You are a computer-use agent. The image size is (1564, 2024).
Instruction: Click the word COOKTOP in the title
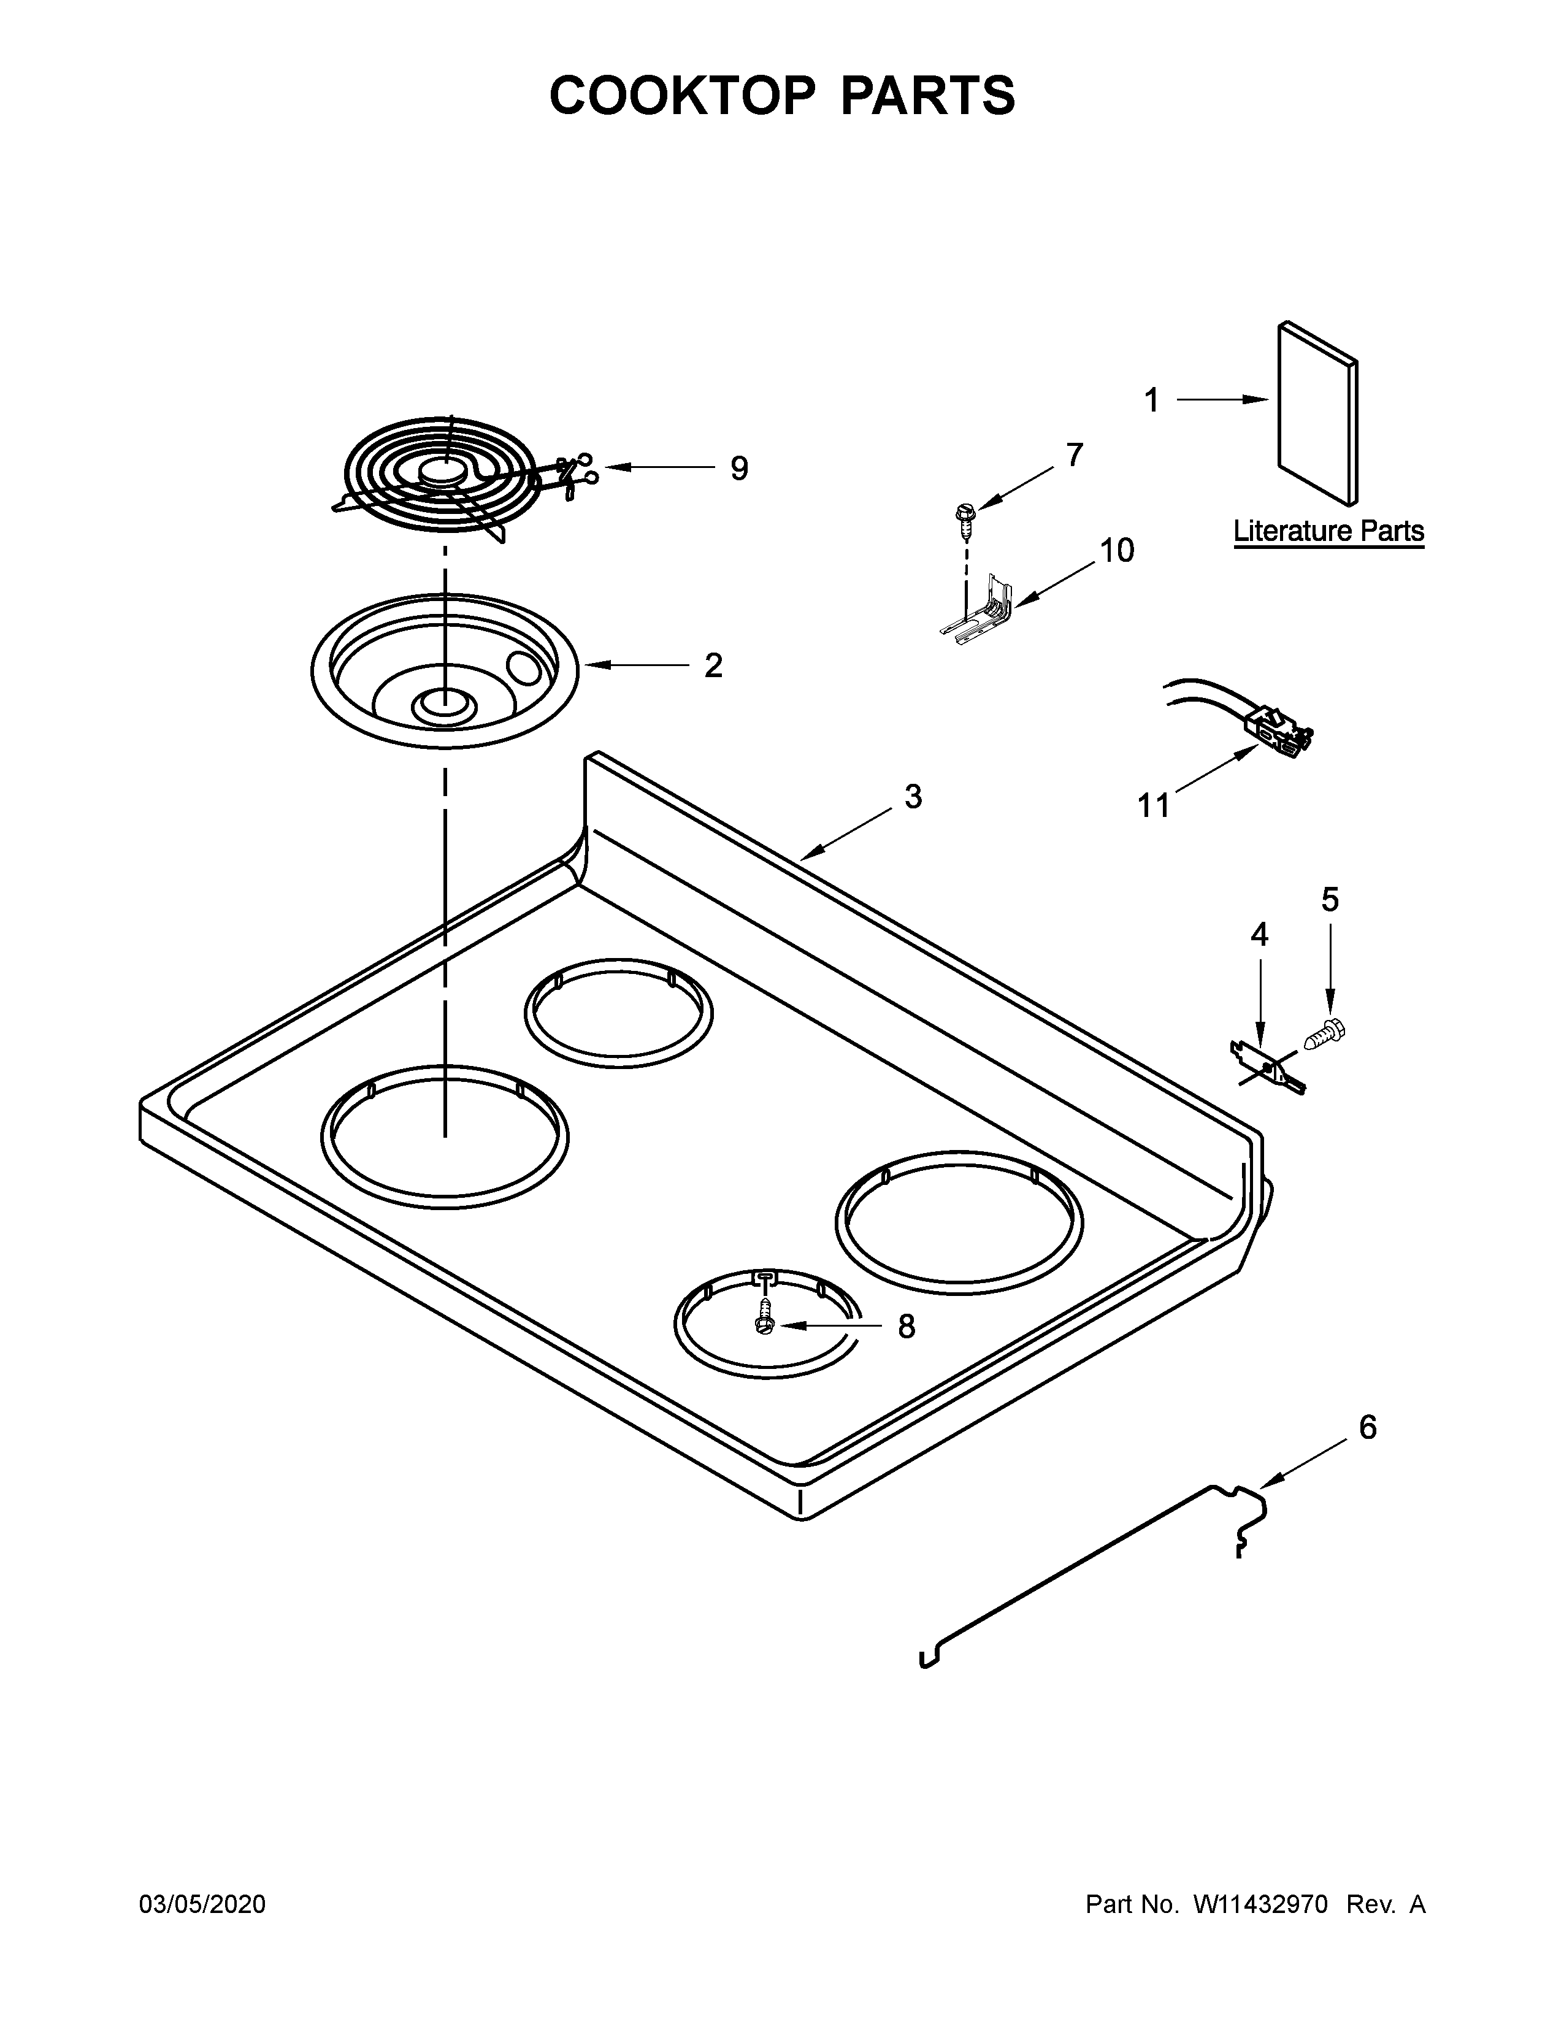click(x=683, y=96)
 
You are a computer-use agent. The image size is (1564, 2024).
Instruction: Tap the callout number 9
click(x=738, y=469)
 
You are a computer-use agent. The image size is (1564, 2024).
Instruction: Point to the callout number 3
click(x=913, y=796)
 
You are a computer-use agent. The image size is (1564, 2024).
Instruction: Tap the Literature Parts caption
click(x=1328, y=532)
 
